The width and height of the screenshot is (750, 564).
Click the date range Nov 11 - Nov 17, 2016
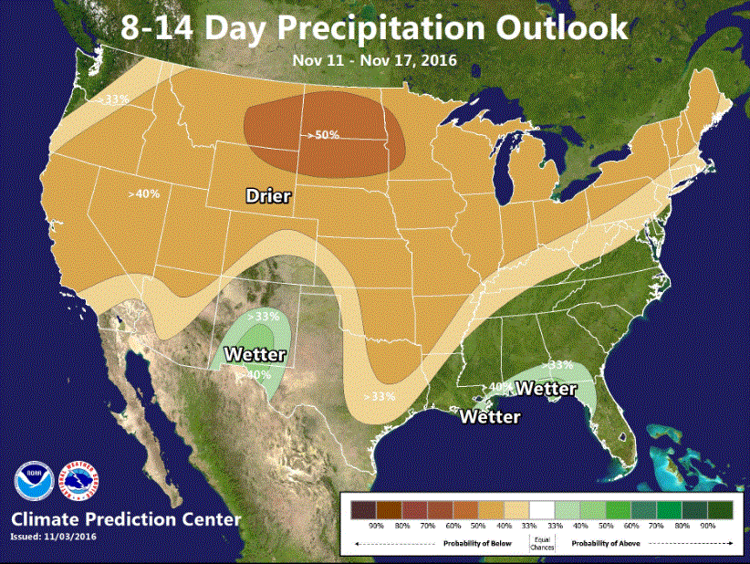[375, 61]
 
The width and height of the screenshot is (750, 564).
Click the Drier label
[268, 195]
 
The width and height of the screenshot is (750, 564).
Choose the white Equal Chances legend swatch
[543, 508]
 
